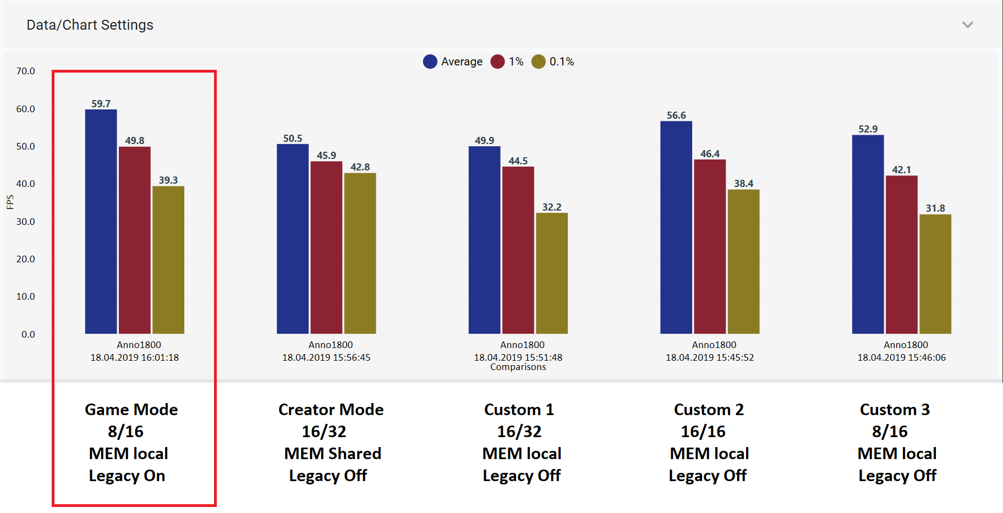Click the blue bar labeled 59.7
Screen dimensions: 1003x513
click(x=101, y=222)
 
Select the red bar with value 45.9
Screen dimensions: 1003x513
click(x=326, y=247)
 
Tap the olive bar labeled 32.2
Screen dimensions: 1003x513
click(x=552, y=273)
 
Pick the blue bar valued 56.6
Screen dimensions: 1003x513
click(x=676, y=228)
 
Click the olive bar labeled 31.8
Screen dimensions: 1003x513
click(x=935, y=274)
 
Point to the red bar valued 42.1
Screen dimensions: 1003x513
click(x=902, y=255)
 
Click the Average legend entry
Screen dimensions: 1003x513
click(x=453, y=62)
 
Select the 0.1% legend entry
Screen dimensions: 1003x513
click(x=553, y=62)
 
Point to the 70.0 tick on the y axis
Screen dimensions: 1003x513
click(x=25, y=71)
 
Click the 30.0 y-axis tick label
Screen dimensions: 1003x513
click(x=25, y=222)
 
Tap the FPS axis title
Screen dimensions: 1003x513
click(x=10, y=202)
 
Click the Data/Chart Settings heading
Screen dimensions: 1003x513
click(x=90, y=25)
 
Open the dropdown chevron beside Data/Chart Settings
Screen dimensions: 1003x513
click(x=968, y=25)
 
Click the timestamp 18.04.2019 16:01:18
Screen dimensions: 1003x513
click(x=135, y=357)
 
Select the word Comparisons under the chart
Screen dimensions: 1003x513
click(x=518, y=367)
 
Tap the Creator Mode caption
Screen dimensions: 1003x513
click(x=331, y=410)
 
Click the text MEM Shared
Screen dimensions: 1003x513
click(x=333, y=454)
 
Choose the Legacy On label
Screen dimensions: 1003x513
click(x=127, y=476)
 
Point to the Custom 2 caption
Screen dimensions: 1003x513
click(x=709, y=410)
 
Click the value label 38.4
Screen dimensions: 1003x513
click(x=744, y=184)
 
